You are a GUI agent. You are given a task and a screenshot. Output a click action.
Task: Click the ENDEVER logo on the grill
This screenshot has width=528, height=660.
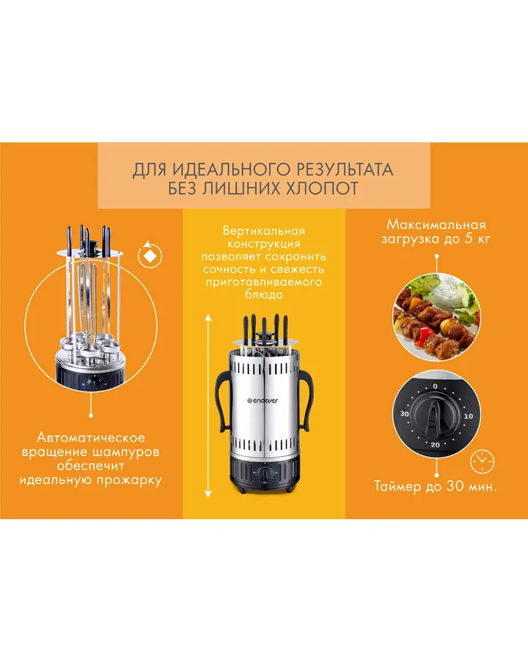tap(263, 400)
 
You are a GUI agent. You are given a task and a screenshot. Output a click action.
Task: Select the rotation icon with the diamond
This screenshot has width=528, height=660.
tap(150, 254)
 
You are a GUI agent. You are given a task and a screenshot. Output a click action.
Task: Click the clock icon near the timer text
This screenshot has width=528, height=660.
tap(482, 461)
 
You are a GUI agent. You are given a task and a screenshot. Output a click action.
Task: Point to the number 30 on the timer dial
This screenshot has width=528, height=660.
tap(404, 414)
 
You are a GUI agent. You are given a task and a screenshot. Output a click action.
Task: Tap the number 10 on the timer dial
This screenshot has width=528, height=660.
tap(468, 417)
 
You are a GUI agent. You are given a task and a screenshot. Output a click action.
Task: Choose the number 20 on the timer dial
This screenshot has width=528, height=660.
tap(435, 445)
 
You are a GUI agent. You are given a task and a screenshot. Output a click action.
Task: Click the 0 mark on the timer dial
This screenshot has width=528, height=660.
tap(435, 386)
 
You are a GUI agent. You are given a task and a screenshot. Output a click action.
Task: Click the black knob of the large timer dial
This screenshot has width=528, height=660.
tap(435, 417)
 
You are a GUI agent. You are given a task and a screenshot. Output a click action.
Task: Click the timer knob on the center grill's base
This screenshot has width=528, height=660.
tap(265, 473)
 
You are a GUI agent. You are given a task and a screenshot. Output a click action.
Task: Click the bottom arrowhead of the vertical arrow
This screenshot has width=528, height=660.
tap(208, 494)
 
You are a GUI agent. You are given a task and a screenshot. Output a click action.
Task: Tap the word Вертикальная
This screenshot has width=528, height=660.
tap(263, 231)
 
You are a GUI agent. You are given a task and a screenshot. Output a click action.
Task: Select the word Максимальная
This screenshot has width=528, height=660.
tap(436, 224)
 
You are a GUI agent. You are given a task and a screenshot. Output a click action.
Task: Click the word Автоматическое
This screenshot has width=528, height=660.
tap(90, 437)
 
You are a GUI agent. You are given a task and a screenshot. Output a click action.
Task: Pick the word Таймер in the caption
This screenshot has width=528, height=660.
tap(397, 487)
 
